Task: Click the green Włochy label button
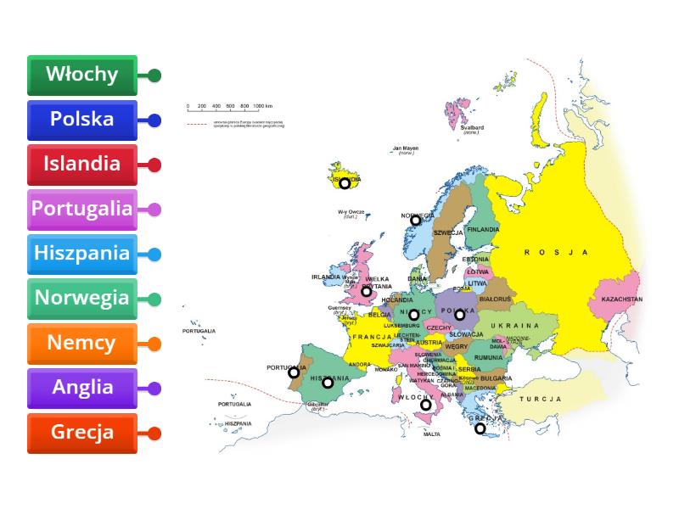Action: pyautogui.click(x=82, y=75)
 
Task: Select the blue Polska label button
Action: pyautogui.click(x=82, y=120)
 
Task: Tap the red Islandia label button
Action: pyautogui.click(x=82, y=164)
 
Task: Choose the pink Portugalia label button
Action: pyautogui.click(x=82, y=209)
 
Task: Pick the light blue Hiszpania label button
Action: pyautogui.click(x=82, y=254)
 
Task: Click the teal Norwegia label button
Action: pyautogui.click(x=82, y=299)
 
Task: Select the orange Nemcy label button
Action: pyautogui.click(x=82, y=344)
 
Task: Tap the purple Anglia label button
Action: pyautogui.click(x=82, y=388)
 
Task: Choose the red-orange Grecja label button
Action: pyautogui.click(x=82, y=433)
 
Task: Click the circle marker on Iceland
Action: pyautogui.click(x=345, y=182)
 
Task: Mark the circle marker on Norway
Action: pyautogui.click(x=416, y=220)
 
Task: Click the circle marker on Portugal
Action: pyautogui.click(x=294, y=372)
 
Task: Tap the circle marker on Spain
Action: pyautogui.click(x=328, y=383)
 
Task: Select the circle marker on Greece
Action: pyautogui.click(x=480, y=428)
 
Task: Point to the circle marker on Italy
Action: pyautogui.click(x=426, y=405)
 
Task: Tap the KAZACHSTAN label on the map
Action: pyautogui.click(x=621, y=299)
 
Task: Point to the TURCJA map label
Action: pyautogui.click(x=541, y=399)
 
